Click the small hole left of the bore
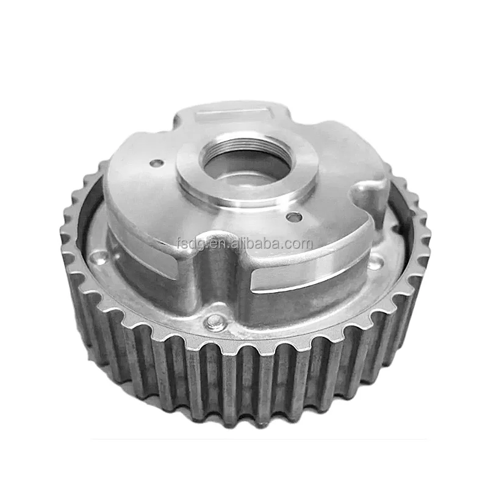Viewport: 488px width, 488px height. (157, 163)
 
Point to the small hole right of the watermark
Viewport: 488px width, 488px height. (295, 217)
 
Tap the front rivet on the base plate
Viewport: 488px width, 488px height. (215, 321)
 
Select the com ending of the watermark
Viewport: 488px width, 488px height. (298, 245)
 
